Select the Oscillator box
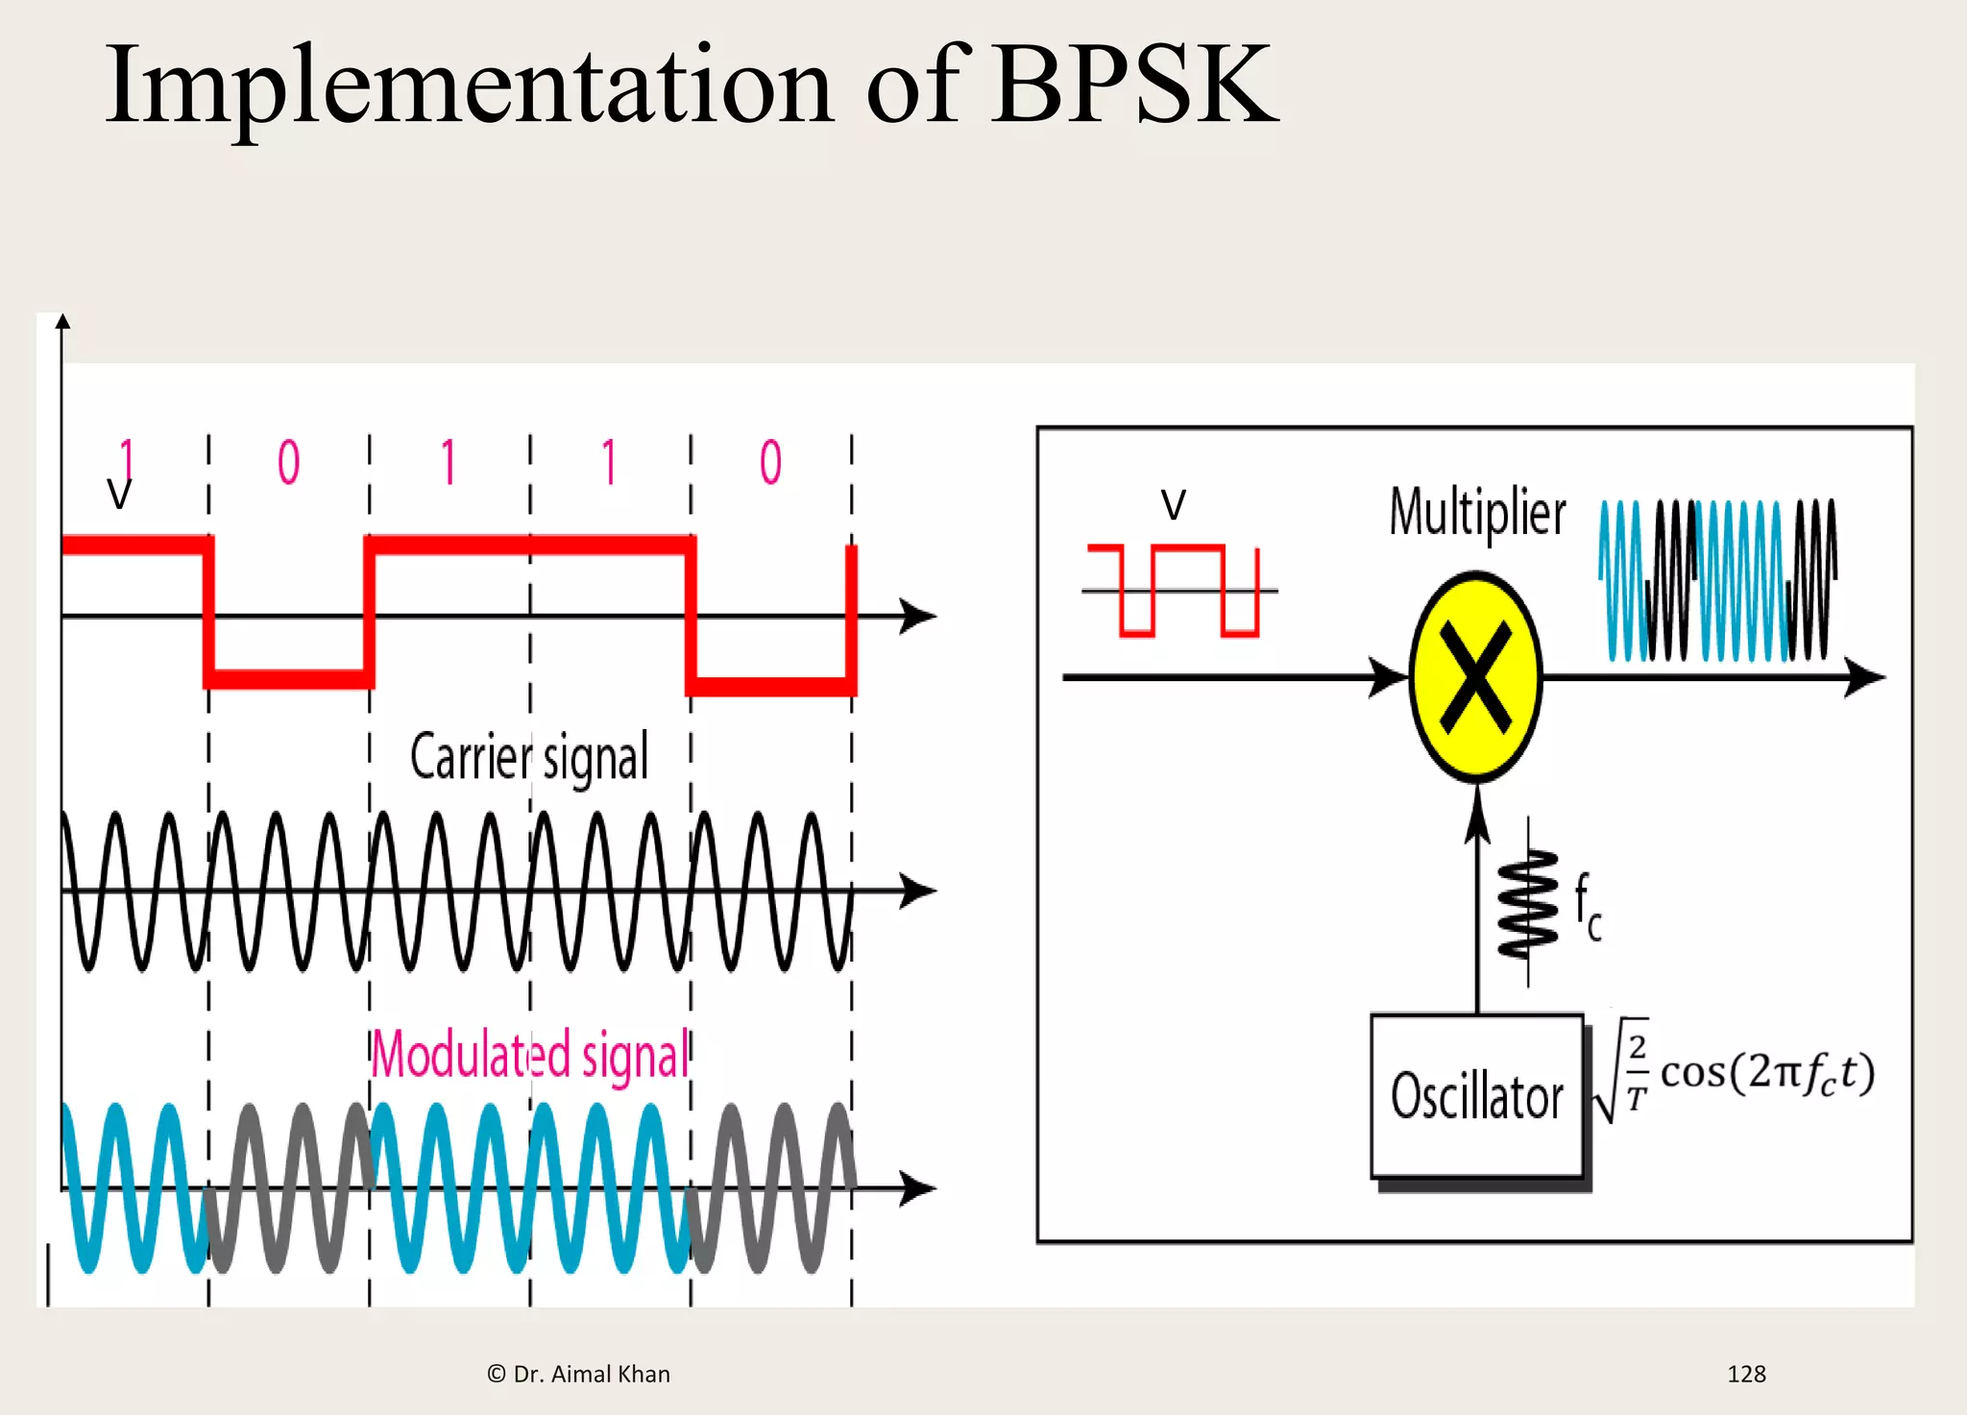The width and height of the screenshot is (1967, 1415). coord(1476,1096)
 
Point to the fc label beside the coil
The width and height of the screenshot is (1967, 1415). coord(1587,908)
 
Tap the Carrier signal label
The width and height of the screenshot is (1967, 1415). coord(529,757)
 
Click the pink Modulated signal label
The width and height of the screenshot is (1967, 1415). coord(530,1055)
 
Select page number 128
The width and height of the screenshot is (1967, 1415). coord(1745,1374)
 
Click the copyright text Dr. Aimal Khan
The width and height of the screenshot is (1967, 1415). coord(578,1374)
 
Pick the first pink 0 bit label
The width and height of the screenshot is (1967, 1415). coord(288,462)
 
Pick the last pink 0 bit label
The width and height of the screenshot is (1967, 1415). coord(770,462)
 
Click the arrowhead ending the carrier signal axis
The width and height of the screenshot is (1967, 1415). coord(918,890)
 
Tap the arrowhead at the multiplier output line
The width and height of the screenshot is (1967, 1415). coord(1865,677)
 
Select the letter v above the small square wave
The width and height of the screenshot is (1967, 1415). coord(1174,503)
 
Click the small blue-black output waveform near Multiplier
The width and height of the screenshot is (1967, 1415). coord(1717,579)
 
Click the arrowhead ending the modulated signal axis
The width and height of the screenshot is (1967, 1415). coord(918,1189)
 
